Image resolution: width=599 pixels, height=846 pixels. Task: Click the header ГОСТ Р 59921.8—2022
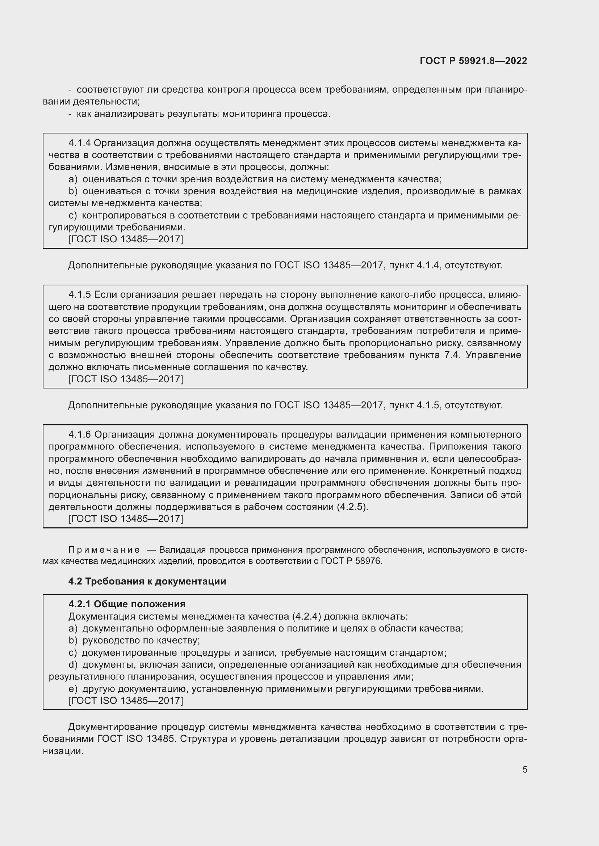[473, 61]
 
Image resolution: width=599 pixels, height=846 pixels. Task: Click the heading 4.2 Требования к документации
[147, 582]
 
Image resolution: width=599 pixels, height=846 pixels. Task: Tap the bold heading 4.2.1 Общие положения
[127, 604]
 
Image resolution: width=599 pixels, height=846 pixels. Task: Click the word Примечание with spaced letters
[104, 550]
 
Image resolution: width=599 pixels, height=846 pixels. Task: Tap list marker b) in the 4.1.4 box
[73, 191]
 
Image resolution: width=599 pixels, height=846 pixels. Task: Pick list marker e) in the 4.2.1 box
[73, 689]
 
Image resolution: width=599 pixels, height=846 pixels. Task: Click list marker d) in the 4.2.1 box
[73, 665]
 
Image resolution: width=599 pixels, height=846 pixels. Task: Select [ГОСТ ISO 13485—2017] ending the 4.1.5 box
[125, 379]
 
